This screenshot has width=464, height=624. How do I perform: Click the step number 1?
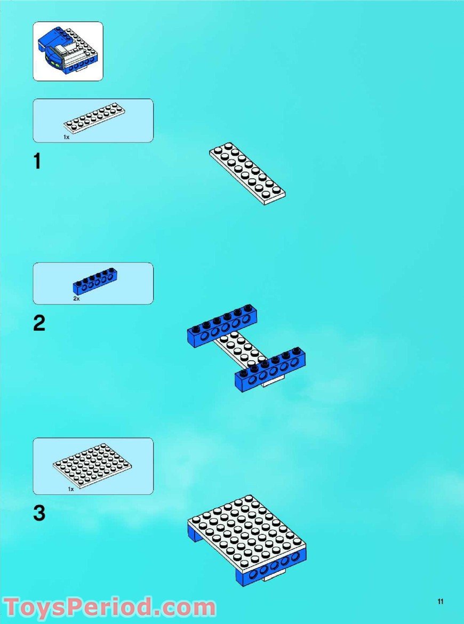(x=37, y=161)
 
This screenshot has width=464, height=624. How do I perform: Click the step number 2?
(x=39, y=324)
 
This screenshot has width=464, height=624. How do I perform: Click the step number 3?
(x=39, y=513)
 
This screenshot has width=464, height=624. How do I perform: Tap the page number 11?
(x=440, y=602)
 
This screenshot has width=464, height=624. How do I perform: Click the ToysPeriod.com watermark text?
(x=109, y=608)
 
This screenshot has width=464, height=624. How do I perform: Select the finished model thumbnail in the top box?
(x=68, y=51)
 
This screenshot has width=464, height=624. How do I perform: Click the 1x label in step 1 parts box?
(x=66, y=137)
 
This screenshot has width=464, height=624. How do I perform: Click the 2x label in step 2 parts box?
(x=76, y=299)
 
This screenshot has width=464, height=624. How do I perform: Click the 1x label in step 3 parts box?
(x=70, y=489)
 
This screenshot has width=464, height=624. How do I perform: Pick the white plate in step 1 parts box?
(x=95, y=119)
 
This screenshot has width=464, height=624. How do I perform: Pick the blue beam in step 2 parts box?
(x=95, y=281)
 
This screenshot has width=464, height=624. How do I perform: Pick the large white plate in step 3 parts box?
(x=92, y=466)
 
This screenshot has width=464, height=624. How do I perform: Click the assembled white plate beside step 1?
(x=247, y=173)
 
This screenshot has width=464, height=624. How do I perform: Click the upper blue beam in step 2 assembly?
(x=221, y=326)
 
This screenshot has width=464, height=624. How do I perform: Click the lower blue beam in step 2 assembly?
(x=270, y=371)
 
